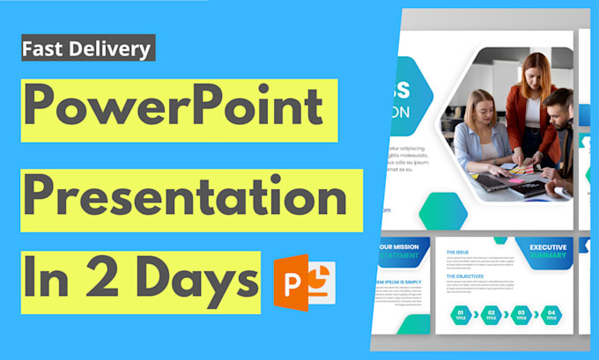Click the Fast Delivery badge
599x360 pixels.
pyautogui.click(x=87, y=48)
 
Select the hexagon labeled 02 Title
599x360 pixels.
pyautogui.click(x=492, y=313)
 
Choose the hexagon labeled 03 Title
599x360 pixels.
pyautogui.click(x=521, y=313)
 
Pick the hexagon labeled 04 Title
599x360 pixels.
pyautogui.click(x=550, y=313)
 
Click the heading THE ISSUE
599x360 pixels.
pyautogui.click(x=457, y=252)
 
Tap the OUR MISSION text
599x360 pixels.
pyautogui.click(x=402, y=247)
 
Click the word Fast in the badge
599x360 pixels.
pyautogui.click(x=47, y=48)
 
